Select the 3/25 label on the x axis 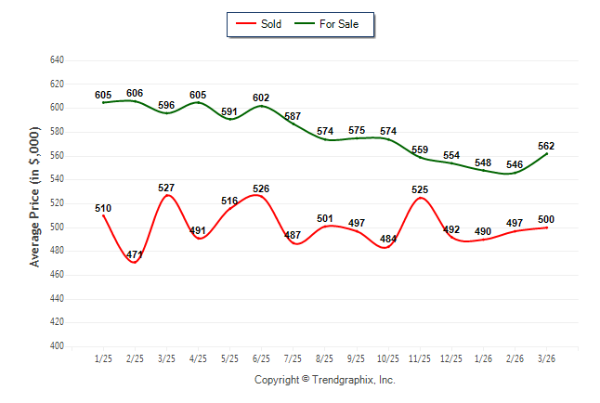pos(166,358)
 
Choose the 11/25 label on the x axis pos(420,358)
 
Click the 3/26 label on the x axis pos(546,358)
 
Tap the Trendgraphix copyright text pos(325,380)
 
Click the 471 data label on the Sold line pos(135,254)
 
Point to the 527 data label pos(166,188)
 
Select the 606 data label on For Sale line pos(135,93)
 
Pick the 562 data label pos(546,146)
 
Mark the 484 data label pos(388,239)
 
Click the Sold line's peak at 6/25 pos(261,196)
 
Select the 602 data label pos(261,97)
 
